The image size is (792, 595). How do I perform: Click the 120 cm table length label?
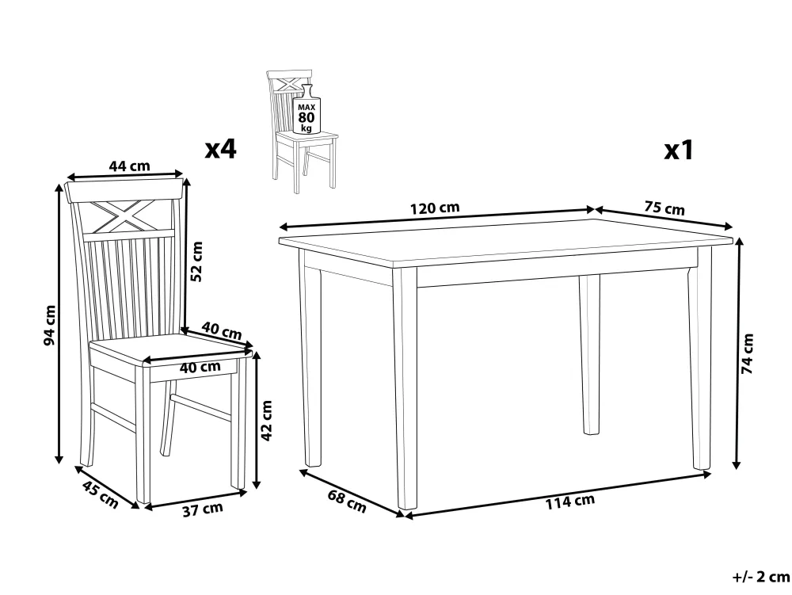(435, 208)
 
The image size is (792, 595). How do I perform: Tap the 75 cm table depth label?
(664, 208)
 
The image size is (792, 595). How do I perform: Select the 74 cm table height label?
(747, 353)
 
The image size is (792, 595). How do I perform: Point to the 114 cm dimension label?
(569, 501)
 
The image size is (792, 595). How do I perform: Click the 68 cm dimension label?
(347, 501)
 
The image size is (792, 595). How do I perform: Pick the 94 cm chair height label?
(49, 326)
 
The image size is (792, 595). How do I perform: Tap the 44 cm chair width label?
(129, 166)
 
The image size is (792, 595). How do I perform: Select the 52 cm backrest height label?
(196, 261)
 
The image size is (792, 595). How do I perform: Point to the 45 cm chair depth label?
(100, 495)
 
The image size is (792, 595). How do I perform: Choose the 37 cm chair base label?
(203, 509)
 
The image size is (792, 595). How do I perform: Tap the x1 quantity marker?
(680, 150)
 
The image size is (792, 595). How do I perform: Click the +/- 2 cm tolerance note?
(761, 576)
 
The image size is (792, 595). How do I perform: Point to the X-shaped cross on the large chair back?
(124, 215)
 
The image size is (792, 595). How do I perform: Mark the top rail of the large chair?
(124, 190)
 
